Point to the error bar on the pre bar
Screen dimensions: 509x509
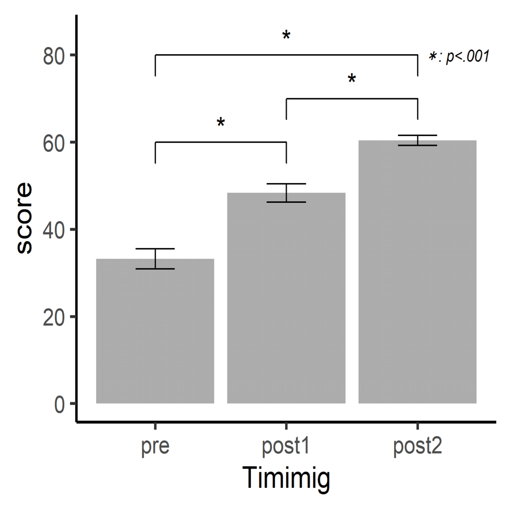tap(155, 258)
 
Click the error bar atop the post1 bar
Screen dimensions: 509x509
tap(286, 193)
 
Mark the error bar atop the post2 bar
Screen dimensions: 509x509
tap(417, 140)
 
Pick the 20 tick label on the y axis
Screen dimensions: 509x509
tap(53, 317)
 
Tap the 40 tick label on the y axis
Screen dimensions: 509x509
tap(53, 230)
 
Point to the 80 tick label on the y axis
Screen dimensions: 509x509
tap(53, 56)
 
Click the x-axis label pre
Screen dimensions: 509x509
tap(155, 447)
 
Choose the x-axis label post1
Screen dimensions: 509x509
tap(286, 447)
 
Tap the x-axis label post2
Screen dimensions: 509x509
tap(417, 447)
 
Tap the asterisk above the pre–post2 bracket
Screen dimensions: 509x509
tap(286, 36)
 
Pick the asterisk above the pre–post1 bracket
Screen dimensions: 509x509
tap(221, 123)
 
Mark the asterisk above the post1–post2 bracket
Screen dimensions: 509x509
tap(352, 80)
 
